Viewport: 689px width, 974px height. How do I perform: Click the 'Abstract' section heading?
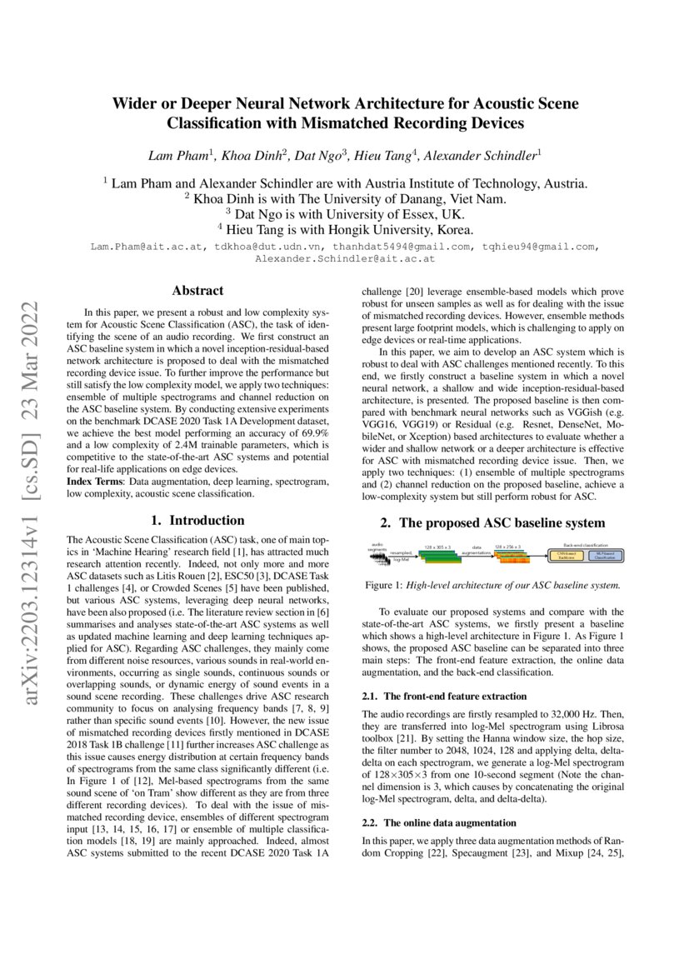[197, 291]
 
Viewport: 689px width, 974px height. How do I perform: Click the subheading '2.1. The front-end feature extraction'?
[444, 696]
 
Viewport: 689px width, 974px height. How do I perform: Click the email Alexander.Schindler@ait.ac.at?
[344, 259]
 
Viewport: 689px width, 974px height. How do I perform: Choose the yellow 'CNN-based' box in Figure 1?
[566, 555]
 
